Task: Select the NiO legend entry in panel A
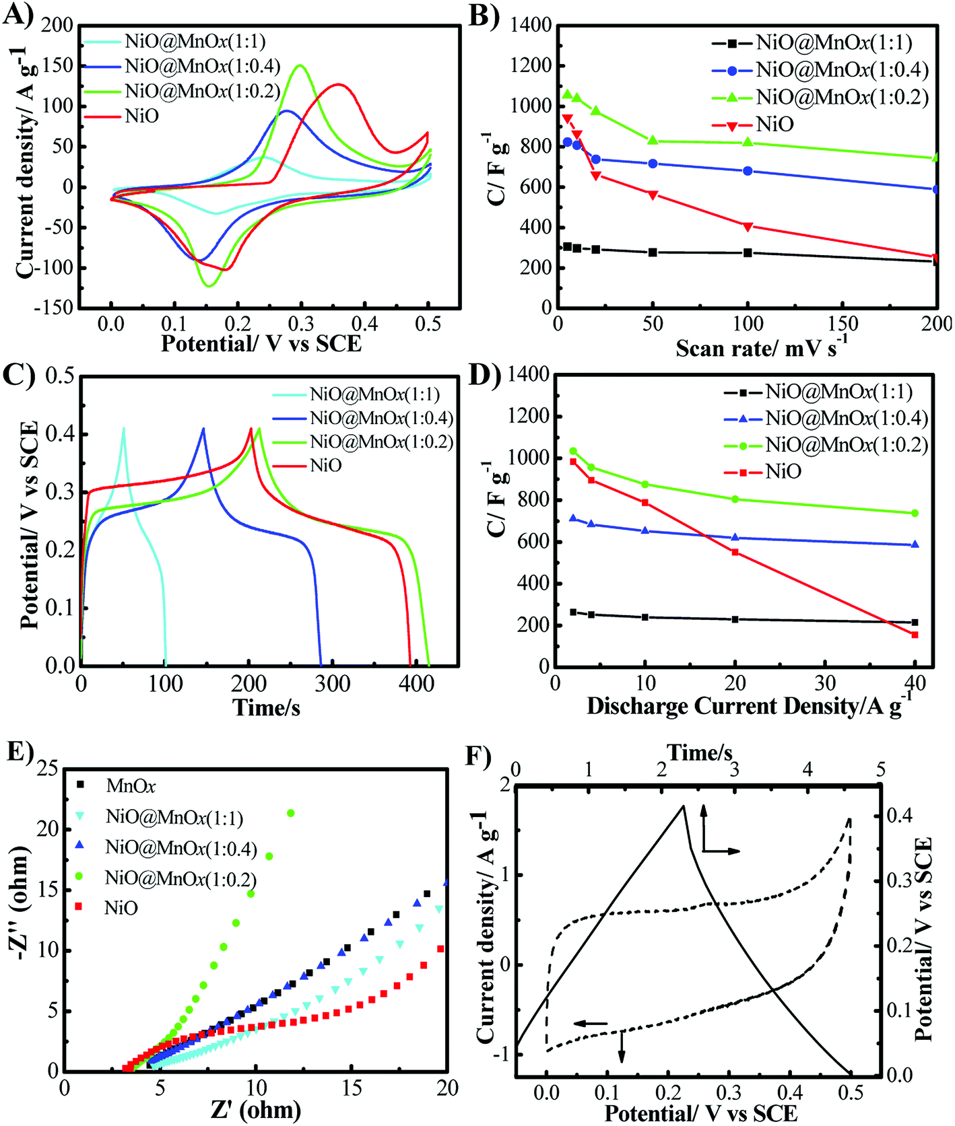(x=141, y=116)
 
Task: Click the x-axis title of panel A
(x=261, y=344)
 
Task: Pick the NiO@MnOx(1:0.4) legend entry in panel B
(x=842, y=69)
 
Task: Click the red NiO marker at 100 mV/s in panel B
(x=748, y=226)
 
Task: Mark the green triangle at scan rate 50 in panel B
(x=653, y=140)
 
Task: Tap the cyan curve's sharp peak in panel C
(x=123, y=428)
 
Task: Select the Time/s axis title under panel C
(x=266, y=707)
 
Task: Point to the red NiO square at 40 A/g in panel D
(x=915, y=635)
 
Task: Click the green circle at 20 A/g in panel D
(x=735, y=499)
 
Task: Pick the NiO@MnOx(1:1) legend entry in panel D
(x=838, y=392)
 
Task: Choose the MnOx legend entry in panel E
(x=131, y=785)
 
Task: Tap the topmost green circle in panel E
(x=291, y=813)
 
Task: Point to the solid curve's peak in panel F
(x=683, y=806)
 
